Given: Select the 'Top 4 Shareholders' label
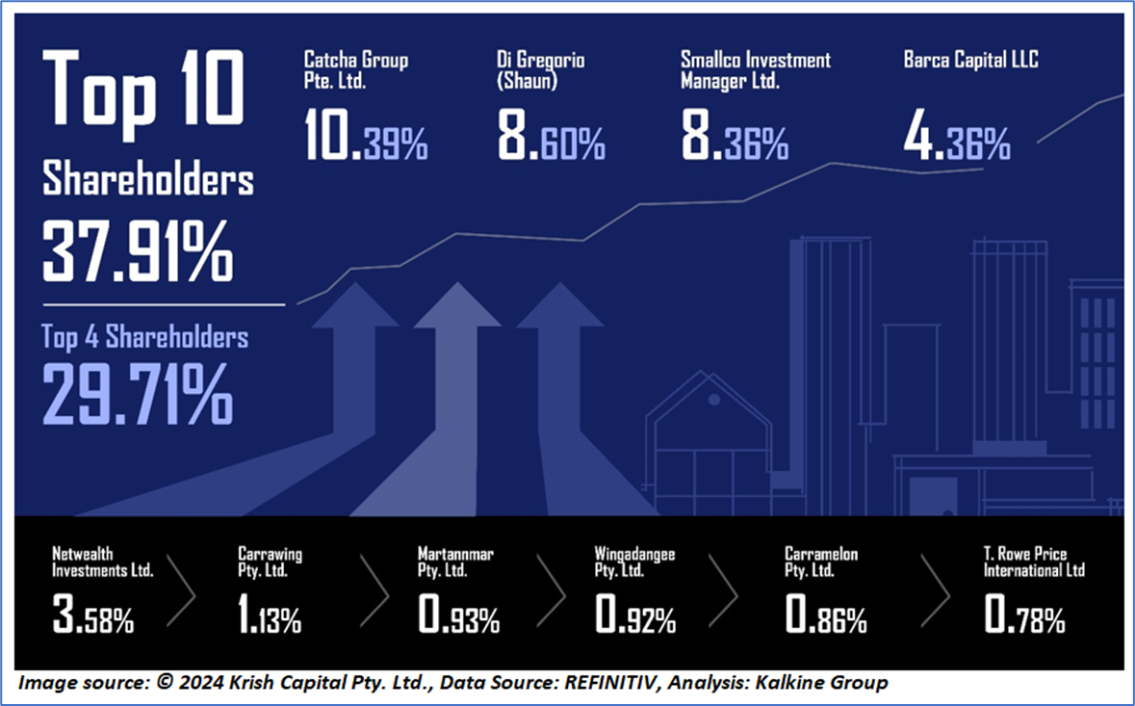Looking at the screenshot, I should tap(144, 336).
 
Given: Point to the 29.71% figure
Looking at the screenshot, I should tap(137, 392).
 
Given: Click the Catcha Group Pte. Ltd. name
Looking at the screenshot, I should tap(355, 68).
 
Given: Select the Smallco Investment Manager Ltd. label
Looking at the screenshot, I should tap(755, 68).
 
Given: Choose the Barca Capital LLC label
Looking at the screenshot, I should tap(970, 60).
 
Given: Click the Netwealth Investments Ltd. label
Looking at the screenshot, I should tap(104, 562).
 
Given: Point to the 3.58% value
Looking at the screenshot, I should tap(93, 616).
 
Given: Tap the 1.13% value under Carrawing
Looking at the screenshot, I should tap(270, 616).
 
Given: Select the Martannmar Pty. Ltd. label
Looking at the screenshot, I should tap(455, 562).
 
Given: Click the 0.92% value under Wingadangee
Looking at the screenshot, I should tap(634, 616).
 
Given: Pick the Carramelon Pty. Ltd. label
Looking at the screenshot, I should tap(821, 562).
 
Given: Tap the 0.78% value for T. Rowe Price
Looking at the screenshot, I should tap(1024, 616).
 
